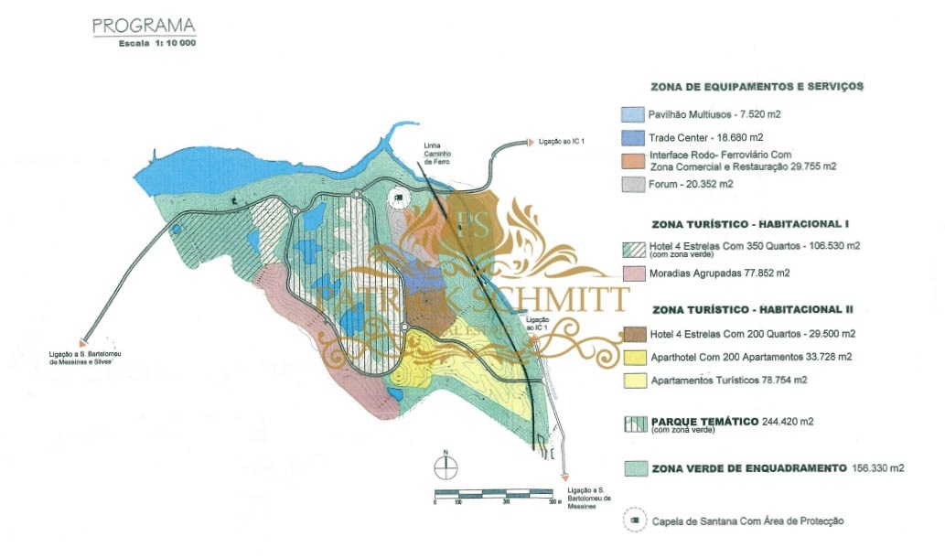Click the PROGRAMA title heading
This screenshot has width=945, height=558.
(x=143, y=26)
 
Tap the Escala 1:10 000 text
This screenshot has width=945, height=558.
(x=157, y=43)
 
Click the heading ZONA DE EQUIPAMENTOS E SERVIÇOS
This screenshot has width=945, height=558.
(x=757, y=87)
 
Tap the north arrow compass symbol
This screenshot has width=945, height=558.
(x=445, y=465)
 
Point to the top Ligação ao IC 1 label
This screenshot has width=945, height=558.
(x=561, y=141)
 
